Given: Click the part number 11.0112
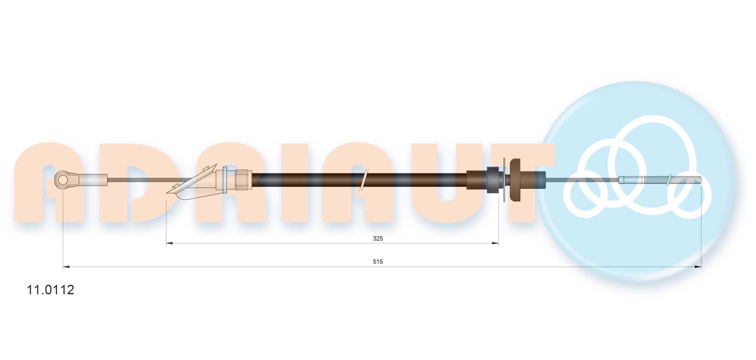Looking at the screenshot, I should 50,290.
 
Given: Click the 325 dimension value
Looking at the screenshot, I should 378,238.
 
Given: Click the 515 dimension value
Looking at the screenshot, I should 378,262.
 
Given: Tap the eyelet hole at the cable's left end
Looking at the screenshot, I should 63,180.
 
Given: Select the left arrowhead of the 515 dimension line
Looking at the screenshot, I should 66,267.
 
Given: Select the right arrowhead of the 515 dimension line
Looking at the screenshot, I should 698,267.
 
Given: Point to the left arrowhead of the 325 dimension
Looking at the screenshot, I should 170,243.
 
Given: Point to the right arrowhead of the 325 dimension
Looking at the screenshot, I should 495,243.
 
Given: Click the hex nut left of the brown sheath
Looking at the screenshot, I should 243,180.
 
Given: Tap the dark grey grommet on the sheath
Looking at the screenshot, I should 493,180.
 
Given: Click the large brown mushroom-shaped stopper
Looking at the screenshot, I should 515,180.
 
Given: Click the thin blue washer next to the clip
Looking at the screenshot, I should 225,180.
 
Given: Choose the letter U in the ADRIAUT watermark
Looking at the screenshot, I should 446,190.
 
